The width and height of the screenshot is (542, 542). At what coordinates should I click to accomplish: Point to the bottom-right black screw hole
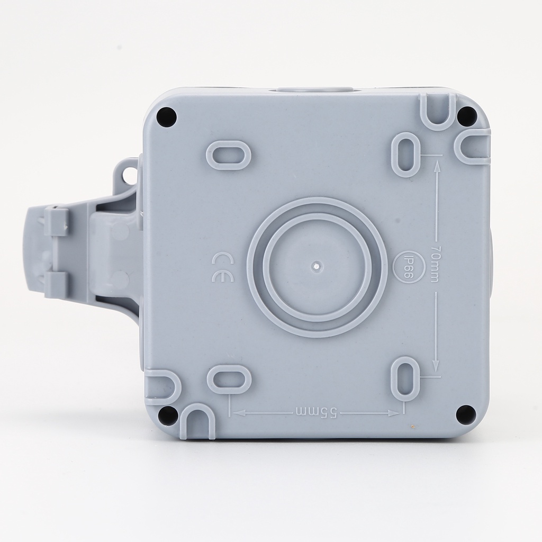[465, 414]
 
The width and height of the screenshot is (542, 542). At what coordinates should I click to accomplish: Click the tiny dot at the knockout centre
[316, 266]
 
